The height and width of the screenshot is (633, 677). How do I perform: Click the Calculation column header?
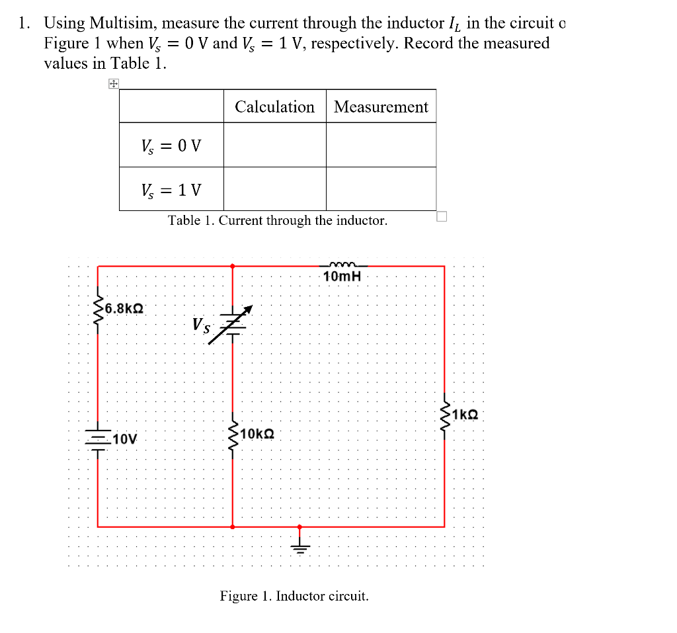coord(274,106)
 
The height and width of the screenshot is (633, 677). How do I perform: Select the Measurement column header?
coord(381,106)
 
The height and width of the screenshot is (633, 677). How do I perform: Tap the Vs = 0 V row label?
coord(171,145)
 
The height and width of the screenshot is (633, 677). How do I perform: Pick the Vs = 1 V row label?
coord(171,190)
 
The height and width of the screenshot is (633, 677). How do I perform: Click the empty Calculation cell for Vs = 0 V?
coord(274,145)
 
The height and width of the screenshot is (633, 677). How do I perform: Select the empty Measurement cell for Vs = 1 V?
coord(381,189)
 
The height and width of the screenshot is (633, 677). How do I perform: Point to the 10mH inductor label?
coord(342,276)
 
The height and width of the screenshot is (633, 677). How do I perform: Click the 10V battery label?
coord(125,439)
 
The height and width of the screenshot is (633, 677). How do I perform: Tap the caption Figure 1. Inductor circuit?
coord(294,596)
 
